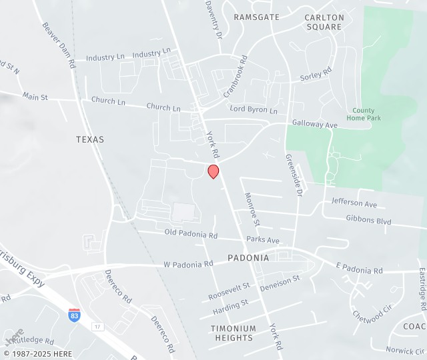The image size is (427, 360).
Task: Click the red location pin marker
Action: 213,171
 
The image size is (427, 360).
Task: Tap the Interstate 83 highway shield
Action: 75,315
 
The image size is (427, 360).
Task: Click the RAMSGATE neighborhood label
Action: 257,17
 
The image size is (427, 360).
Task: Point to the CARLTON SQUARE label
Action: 324,22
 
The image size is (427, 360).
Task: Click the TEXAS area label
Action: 90,139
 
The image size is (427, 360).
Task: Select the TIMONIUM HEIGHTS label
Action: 233,333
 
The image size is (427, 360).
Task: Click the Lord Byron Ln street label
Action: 254,109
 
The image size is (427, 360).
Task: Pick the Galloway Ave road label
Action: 315,124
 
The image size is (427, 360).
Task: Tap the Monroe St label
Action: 252,209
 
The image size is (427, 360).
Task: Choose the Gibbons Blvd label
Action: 368,219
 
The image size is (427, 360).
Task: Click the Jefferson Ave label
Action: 354,203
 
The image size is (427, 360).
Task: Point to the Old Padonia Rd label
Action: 191,235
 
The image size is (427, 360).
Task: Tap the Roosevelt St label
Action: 229,291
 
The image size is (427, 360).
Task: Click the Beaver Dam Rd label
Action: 59,45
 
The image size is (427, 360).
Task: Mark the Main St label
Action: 35,97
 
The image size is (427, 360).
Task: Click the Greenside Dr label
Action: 294,175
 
